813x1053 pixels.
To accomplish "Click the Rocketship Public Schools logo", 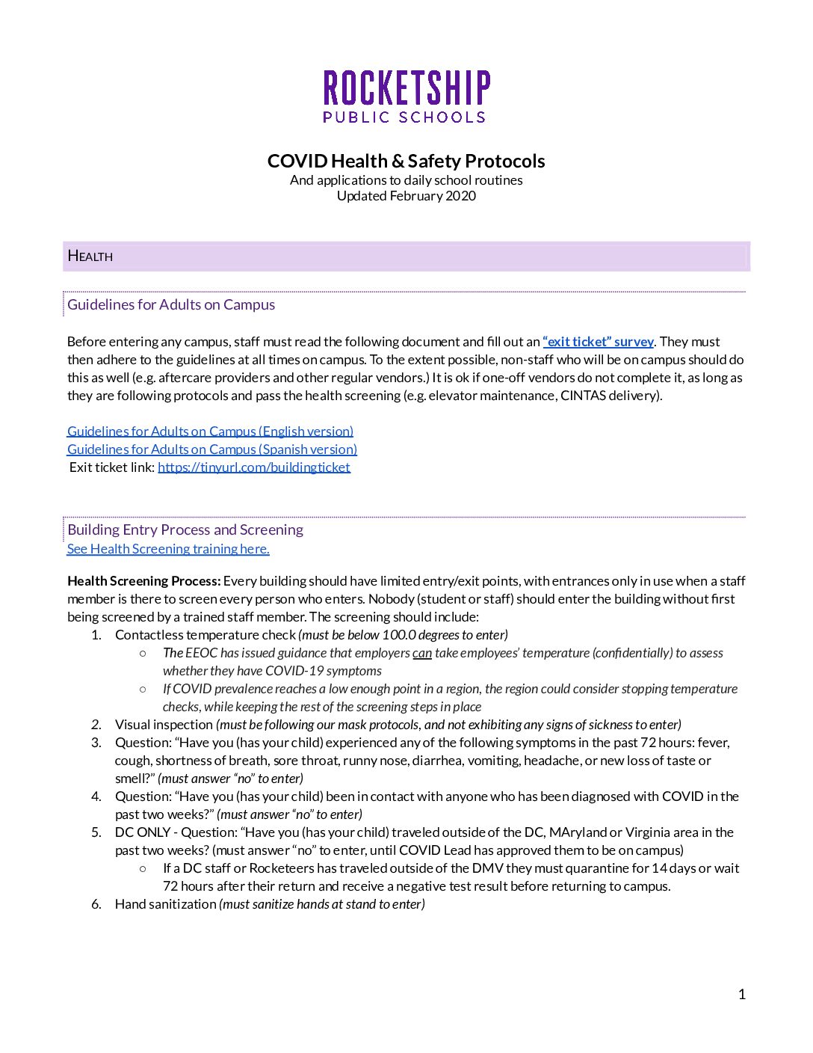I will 406,96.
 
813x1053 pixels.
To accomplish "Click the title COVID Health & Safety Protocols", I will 406,161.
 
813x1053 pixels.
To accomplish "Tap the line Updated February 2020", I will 406,196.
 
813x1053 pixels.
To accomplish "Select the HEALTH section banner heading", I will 90,256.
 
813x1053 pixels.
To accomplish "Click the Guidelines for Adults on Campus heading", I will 171,304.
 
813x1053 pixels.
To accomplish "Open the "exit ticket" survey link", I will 598,342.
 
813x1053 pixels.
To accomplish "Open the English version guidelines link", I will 210,432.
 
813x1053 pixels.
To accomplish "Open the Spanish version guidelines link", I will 212,449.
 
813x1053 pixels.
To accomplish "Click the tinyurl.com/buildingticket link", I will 254,467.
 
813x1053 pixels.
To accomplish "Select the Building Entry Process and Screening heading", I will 185,529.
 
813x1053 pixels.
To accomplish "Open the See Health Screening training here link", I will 168,549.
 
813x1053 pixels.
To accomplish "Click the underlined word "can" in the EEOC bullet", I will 422,653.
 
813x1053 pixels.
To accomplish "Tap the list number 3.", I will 96,743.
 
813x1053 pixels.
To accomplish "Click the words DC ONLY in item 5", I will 143,832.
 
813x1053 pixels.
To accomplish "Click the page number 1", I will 741,994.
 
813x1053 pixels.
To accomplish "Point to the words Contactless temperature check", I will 205,635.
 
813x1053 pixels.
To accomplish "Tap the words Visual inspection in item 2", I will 164,725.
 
